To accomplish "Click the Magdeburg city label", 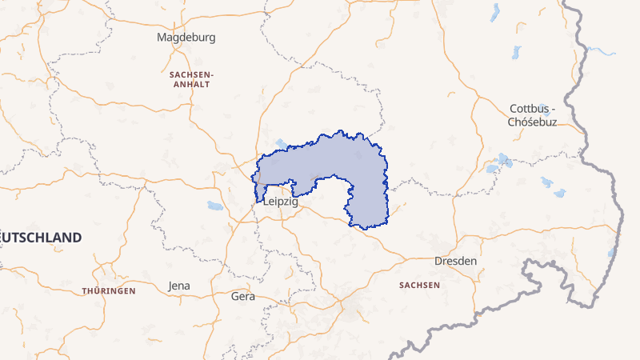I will coord(186,37).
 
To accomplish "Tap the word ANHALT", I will coord(190,84).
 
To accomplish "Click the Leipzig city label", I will coord(280,203).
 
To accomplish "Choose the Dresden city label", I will coord(455,262).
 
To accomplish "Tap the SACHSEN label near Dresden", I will coord(419,285).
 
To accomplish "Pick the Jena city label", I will coord(179,286).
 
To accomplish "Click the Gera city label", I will coord(242,296).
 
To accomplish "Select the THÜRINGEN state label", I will coord(108,291).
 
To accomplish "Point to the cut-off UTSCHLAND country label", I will coord(42,238).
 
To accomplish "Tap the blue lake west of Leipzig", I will coord(215,206).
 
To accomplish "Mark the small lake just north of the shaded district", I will coord(281,144).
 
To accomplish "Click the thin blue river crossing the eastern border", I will coord(602,51).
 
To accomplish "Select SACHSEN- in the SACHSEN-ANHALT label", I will coord(190,74).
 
